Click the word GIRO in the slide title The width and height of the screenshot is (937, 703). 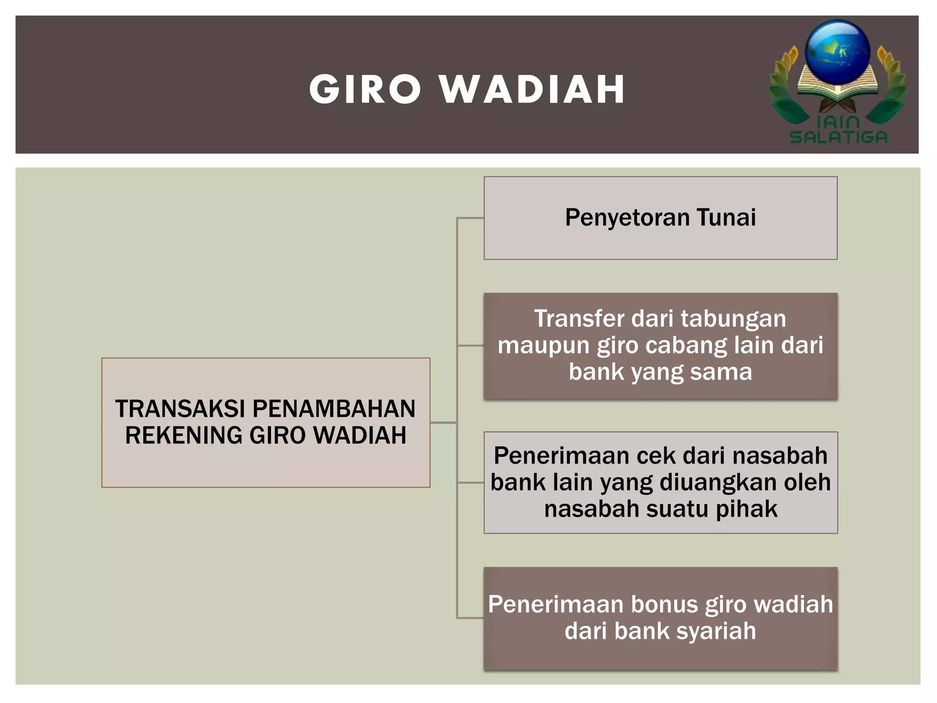pyautogui.click(x=365, y=89)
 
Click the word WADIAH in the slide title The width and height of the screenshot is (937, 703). pyautogui.click(x=533, y=89)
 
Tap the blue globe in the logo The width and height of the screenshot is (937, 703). pyautogui.click(x=838, y=50)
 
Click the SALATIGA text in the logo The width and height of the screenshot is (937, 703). pyautogui.click(x=838, y=137)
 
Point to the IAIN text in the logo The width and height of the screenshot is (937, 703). pyautogui.click(x=838, y=122)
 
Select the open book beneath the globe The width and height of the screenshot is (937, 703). pyautogui.click(x=838, y=87)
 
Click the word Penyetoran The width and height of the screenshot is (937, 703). pyautogui.click(x=627, y=218)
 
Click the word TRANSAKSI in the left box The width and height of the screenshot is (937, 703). pyautogui.click(x=180, y=409)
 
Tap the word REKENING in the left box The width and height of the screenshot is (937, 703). pyautogui.click(x=184, y=435)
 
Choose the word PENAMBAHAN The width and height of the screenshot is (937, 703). pyautogui.click(x=334, y=409)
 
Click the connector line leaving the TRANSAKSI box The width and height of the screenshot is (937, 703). pyautogui.click(x=443, y=422)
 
